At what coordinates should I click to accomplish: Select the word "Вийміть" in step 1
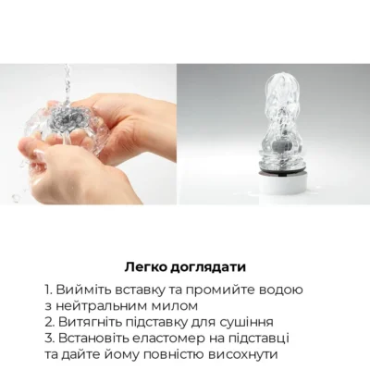coord(85,290)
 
